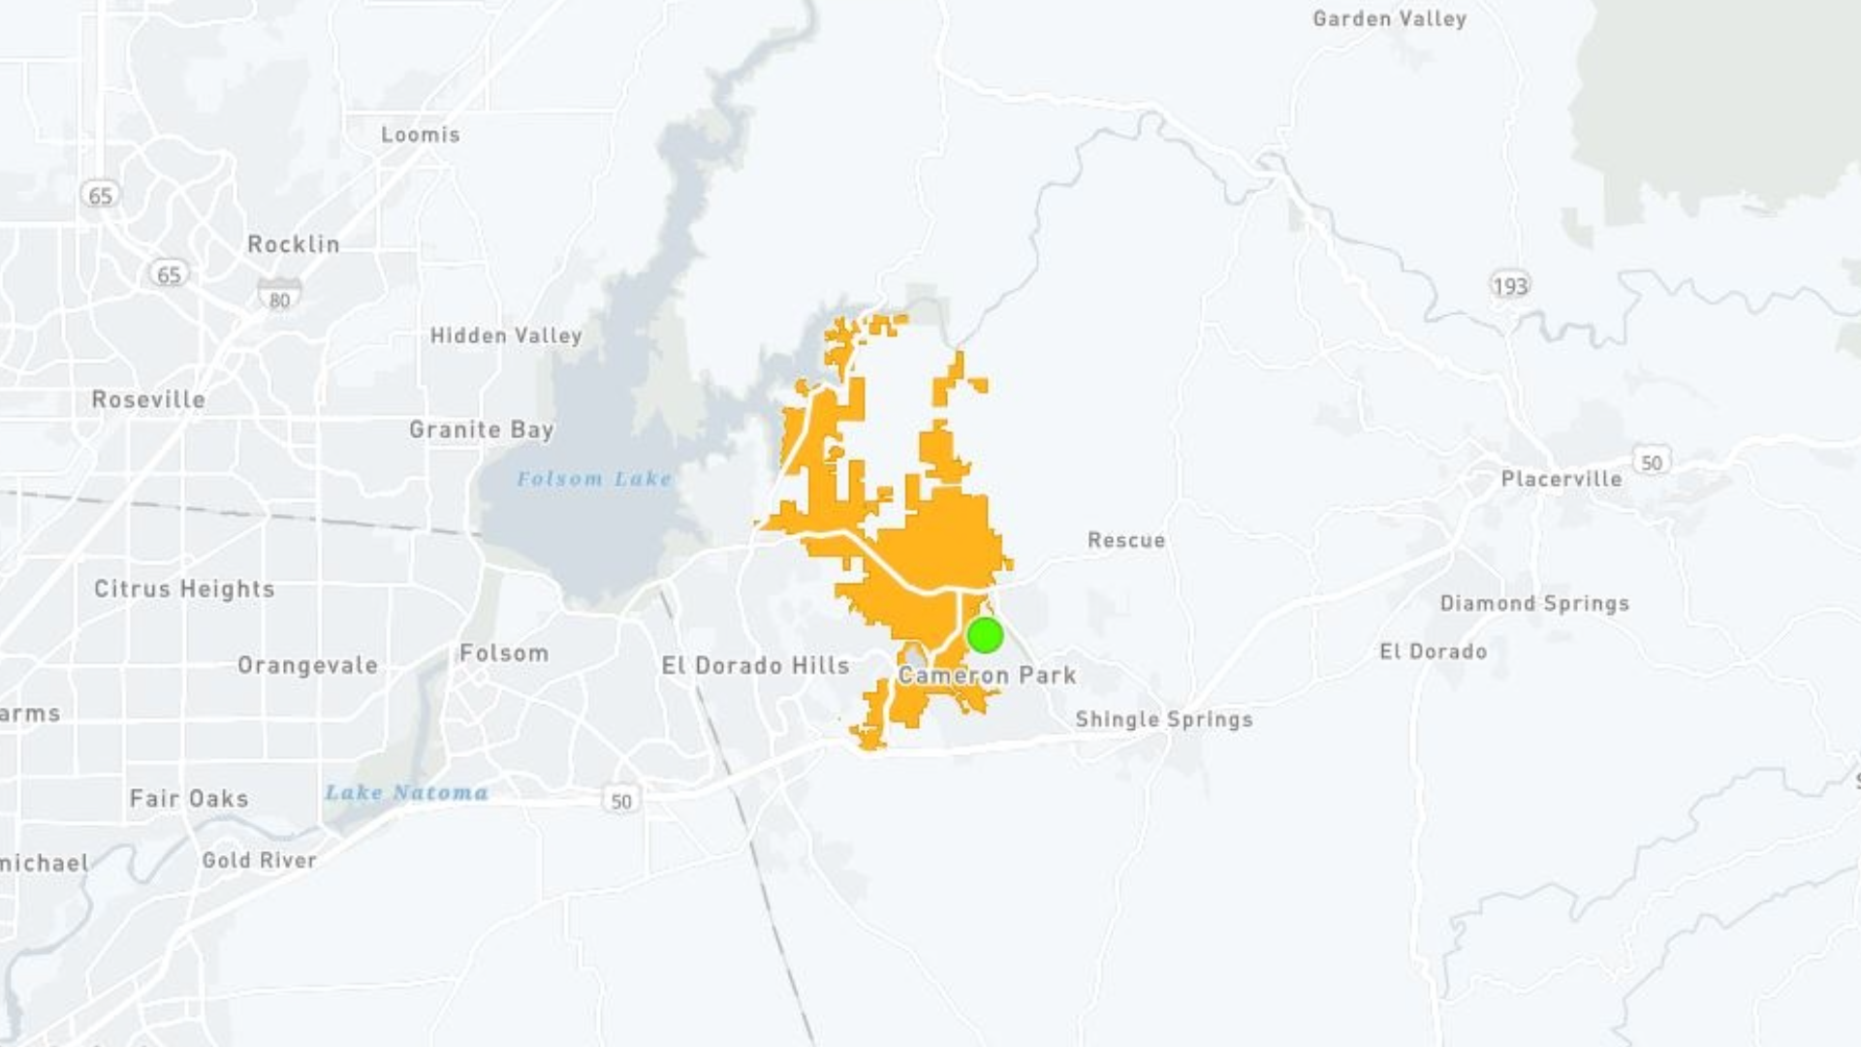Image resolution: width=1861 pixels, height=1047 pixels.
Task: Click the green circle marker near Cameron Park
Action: (x=985, y=635)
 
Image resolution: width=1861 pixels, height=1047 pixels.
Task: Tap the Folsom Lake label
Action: (x=593, y=479)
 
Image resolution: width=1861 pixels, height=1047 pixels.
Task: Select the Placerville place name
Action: (x=1561, y=479)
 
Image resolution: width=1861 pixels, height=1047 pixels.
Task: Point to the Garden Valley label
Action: (x=1389, y=18)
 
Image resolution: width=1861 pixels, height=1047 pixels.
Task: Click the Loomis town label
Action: (x=420, y=135)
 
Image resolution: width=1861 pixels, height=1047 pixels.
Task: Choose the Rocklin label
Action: (x=294, y=244)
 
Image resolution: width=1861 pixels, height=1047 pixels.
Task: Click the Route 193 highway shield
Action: (x=1509, y=286)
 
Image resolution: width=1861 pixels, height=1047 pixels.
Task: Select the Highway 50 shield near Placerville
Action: (x=1652, y=462)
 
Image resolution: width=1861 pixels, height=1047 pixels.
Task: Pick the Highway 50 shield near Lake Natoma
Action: (x=621, y=801)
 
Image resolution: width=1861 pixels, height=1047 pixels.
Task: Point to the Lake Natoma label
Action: (x=406, y=793)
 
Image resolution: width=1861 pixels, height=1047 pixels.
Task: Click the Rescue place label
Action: (x=1126, y=540)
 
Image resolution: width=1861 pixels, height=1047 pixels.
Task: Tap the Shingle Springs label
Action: (x=1163, y=719)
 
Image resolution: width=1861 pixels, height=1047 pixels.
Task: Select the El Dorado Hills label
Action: (x=755, y=666)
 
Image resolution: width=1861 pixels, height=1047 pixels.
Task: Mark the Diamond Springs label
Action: (x=1534, y=603)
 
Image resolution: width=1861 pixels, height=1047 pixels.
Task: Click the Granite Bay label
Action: (x=481, y=429)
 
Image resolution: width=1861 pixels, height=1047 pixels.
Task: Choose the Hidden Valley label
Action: (x=506, y=336)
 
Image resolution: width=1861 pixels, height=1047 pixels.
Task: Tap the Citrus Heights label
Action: (x=184, y=588)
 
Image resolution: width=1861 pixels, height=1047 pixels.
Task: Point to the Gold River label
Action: (x=259, y=860)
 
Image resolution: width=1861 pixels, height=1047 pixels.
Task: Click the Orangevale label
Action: (x=307, y=665)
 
